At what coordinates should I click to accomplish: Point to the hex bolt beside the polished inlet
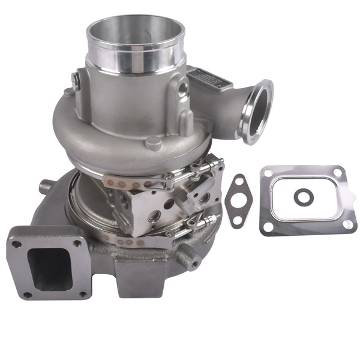75,79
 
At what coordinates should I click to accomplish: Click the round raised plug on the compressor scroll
154,142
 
